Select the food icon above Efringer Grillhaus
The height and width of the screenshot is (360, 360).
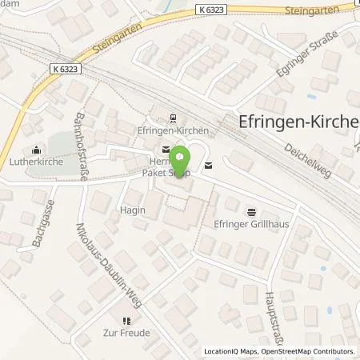coord(253,213)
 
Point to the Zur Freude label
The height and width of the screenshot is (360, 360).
coord(126,333)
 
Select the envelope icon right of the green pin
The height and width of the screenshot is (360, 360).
coord(209,166)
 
